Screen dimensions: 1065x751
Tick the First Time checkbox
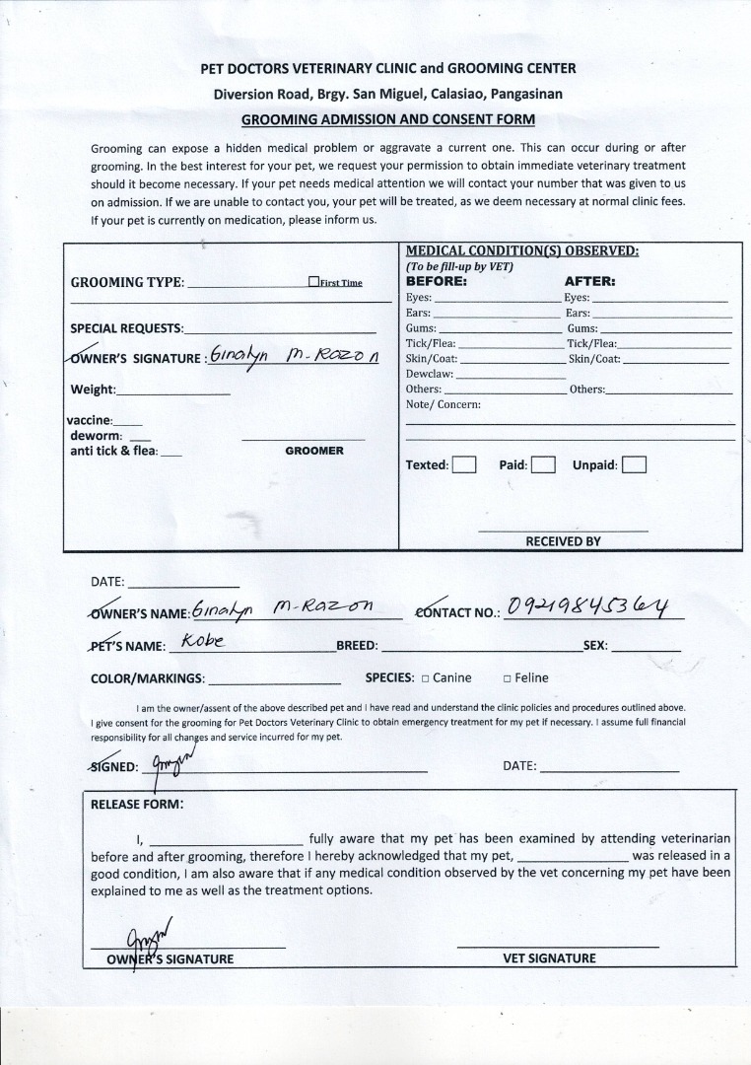click(x=313, y=282)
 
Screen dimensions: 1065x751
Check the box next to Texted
click(x=464, y=464)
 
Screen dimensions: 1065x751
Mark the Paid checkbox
click(x=543, y=464)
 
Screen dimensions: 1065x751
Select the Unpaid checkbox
click(x=634, y=464)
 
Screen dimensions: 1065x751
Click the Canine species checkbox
click(x=425, y=678)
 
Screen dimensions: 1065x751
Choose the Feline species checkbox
click(x=507, y=678)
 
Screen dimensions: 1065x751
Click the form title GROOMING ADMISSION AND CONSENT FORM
click(x=388, y=120)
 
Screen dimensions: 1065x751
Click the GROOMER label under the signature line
click(x=314, y=451)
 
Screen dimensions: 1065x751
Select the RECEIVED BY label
click(x=563, y=541)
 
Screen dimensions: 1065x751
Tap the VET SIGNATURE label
click(x=549, y=958)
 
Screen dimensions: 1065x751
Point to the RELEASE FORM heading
click(x=136, y=804)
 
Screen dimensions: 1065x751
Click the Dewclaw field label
click(x=430, y=374)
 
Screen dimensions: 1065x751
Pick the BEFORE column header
click(x=437, y=281)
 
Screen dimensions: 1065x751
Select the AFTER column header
click(x=589, y=281)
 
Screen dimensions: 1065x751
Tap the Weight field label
click(x=93, y=390)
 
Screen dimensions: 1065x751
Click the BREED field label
click(x=357, y=647)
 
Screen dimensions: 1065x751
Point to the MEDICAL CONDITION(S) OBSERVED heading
click(x=522, y=250)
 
